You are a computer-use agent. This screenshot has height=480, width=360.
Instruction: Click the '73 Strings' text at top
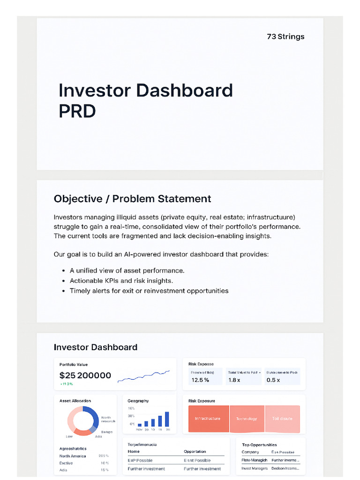click(x=285, y=37)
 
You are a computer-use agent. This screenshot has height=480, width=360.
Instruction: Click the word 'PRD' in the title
click(x=77, y=111)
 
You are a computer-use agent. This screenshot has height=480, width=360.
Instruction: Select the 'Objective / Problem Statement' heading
click(x=132, y=199)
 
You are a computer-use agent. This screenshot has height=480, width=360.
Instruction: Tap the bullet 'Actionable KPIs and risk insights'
click(x=121, y=281)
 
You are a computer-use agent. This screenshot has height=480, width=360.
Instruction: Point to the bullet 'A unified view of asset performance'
click(x=127, y=270)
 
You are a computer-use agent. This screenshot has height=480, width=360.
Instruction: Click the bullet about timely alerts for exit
click(x=149, y=291)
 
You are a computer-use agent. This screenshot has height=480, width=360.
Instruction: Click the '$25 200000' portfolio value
click(x=85, y=375)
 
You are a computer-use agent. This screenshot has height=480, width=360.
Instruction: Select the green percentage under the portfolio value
click(x=67, y=384)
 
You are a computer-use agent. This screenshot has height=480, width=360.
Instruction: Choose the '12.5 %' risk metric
click(x=200, y=380)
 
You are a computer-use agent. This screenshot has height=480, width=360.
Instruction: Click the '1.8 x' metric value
click(x=234, y=380)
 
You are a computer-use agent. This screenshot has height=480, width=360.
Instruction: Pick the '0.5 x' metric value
click(x=273, y=380)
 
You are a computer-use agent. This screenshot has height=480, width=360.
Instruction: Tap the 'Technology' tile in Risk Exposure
click(x=247, y=419)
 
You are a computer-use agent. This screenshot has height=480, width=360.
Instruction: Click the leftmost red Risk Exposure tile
click(x=208, y=419)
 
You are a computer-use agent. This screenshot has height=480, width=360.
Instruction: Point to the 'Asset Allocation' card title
click(x=75, y=401)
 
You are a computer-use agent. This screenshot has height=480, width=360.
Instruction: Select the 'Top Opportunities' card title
click(x=259, y=444)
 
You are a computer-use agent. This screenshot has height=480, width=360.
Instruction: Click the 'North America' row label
click(x=73, y=456)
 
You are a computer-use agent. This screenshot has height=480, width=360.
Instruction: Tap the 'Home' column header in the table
click(x=134, y=451)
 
